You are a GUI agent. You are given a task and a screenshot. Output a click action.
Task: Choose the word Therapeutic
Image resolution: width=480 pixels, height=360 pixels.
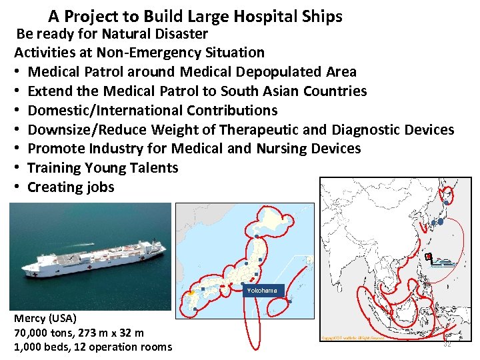(267, 129)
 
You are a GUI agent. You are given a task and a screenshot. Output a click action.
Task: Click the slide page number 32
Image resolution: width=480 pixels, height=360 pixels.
(447, 343)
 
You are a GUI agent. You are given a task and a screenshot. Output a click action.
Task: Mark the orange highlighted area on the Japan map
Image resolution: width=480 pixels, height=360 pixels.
(191, 291)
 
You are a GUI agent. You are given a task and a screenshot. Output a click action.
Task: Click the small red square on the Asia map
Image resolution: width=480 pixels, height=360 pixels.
(429, 257)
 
